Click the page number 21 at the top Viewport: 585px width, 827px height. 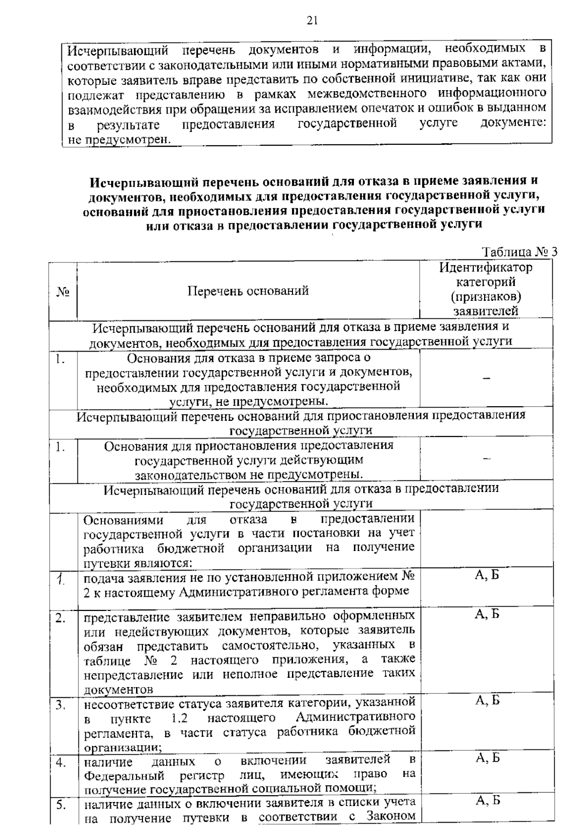pyautogui.click(x=312, y=20)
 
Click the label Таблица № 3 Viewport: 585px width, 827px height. pyautogui.click(x=519, y=252)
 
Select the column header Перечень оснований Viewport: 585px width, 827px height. pyautogui.click(x=248, y=291)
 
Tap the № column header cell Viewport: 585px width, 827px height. pyautogui.click(x=62, y=292)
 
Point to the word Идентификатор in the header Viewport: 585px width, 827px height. pyautogui.click(x=486, y=267)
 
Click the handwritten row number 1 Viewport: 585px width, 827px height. pyautogui.click(x=60, y=579)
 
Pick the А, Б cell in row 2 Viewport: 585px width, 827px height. pyautogui.click(x=487, y=614)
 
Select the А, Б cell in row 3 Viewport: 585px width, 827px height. pyautogui.click(x=487, y=701)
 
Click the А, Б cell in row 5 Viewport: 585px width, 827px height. pyautogui.click(x=487, y=800)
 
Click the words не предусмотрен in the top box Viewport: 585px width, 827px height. pyautogui.click(x=119, y=139)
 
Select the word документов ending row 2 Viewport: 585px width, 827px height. pyautogui.click(x=118, y=689)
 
